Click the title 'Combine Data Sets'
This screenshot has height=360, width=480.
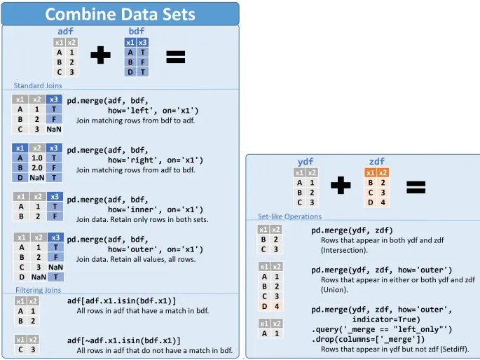click(x=120, y=14)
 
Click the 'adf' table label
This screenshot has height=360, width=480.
click(x=65, y=32)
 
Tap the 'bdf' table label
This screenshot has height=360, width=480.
click(x=137, y=32)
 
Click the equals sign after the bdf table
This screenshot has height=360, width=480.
click(x=175, y=57)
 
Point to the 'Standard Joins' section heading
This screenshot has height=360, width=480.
click(x=38, y=86)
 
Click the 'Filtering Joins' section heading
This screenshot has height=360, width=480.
click(x=38, y=290)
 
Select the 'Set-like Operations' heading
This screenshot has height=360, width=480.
click(x=289, y=216)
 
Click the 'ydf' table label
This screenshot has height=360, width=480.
click(x=306, y=162)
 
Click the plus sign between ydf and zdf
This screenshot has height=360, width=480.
click(x=341, y=186)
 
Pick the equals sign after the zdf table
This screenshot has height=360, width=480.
click(x=416, y=186)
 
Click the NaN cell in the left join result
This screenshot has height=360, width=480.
click(x=54, y=129)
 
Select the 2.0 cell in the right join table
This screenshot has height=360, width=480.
click(x=37, y=168)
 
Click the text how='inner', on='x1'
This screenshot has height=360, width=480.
click(x=155, y=209)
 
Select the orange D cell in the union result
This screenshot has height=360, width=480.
click(x=263, y=306)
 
